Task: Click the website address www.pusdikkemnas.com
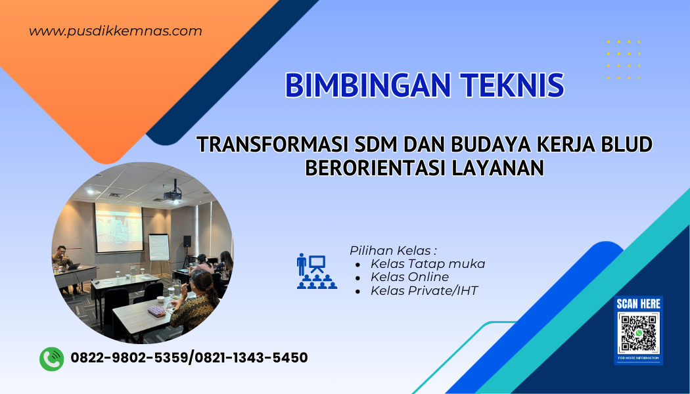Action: (x=116, y=31)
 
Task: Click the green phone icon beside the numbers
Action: (x=51, y=359)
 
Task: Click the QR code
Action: (x=638, y=334)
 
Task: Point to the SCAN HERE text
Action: (x=638, y=304)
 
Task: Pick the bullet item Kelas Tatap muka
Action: (x=427, y=264)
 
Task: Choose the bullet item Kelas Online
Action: (x=409, y=277)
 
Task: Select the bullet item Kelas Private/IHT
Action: (x=424, y=290)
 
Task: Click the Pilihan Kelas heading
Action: (x=393, y=251)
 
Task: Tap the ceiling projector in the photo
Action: (x=172, y=192)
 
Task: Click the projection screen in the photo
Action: (x=119, y=227)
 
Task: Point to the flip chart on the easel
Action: (x=158, y=247)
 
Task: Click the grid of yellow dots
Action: (x=623, y=59)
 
